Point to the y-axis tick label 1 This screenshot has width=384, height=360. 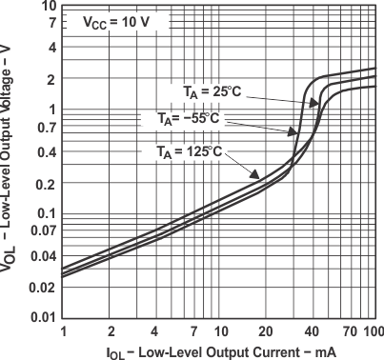(51, 110)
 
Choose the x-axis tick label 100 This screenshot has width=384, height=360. (372, 330)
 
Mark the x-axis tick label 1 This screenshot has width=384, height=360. (63, 330)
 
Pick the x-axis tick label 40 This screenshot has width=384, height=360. (312, 330)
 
